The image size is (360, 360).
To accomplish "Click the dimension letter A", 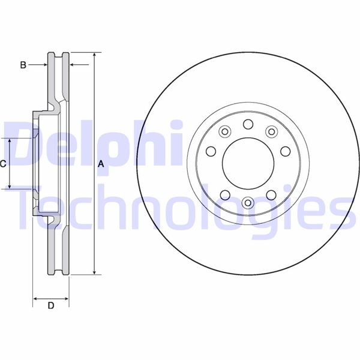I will (101, 164).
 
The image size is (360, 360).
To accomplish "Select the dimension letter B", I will (23, 64).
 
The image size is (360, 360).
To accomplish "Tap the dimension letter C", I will (4, 163).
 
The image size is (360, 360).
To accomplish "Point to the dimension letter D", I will (51, 305).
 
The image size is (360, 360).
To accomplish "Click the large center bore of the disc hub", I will (247, 163).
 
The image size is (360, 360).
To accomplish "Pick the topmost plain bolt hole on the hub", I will (247, 124).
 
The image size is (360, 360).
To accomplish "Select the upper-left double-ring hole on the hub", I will (224, 132).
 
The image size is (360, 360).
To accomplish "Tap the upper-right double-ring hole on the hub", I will (271, 132).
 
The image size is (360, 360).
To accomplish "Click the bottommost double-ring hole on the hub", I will (247, 202).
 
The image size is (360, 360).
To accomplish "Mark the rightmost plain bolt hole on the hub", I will (286, 151).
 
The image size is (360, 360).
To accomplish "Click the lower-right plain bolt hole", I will (271, 194).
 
